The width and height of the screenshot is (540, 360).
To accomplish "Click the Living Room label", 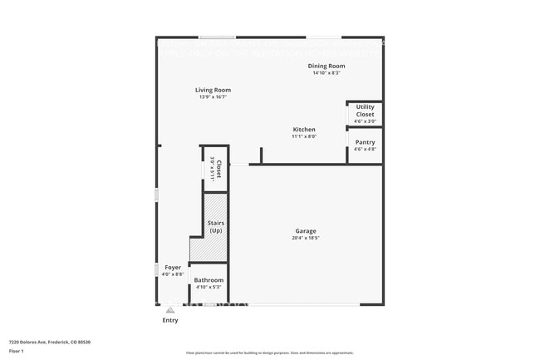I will click(213, 90).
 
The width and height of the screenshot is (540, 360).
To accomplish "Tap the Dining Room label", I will click(326, 66).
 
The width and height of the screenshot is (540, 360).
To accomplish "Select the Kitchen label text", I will click(304, 130).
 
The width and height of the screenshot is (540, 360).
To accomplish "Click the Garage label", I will click(306, 231).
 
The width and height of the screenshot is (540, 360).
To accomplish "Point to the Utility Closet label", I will click(365, 111).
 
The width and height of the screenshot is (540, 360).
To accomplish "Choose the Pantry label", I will click(365, 142).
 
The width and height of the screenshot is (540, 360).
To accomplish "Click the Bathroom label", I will click(209, 280).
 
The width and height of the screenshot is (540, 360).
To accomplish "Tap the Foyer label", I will click(172, 268).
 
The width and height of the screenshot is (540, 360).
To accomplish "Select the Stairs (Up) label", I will click(215, 226).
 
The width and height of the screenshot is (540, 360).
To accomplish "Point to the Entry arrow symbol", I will click(169, 309).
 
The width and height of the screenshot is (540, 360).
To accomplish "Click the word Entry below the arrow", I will click(169, 320).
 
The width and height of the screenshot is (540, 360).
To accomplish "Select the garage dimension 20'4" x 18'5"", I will click(306, 239).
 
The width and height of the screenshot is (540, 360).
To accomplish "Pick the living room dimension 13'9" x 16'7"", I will click(213, 97).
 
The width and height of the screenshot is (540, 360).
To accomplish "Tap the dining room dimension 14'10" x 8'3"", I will click(326, 73).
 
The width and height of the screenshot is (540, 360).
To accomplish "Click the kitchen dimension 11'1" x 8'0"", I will click(304, 137).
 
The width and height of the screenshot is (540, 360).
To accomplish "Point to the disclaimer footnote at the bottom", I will click(269, 353).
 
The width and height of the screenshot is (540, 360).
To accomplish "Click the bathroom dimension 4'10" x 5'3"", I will click(209, 288).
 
